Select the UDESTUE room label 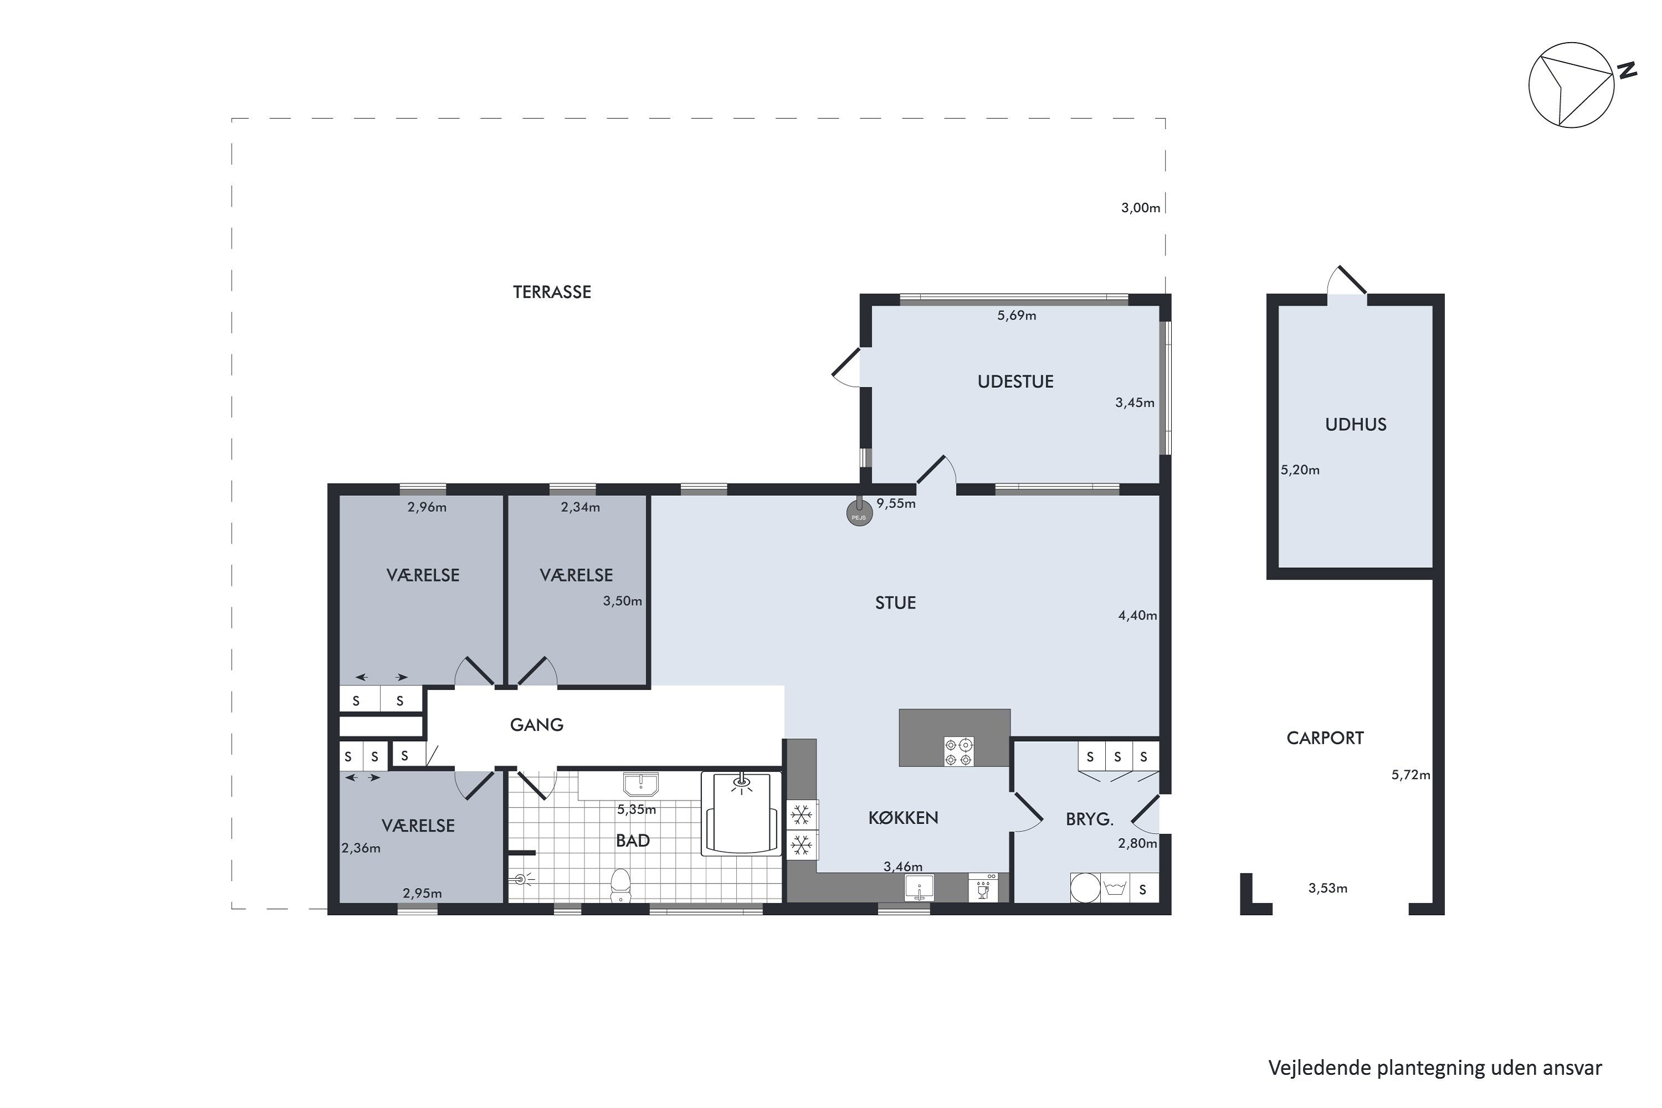pos(1015,382)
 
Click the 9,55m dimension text pos(895,504)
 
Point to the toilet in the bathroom pos(620,885)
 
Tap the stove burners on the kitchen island pos(959,752)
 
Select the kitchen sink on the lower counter pos(919,888)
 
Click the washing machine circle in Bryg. pos(1085,888)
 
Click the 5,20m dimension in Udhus pos(1300,470)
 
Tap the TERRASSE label pos(551,293)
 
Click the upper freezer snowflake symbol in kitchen pos(801,815)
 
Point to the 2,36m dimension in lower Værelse pos(361,849)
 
